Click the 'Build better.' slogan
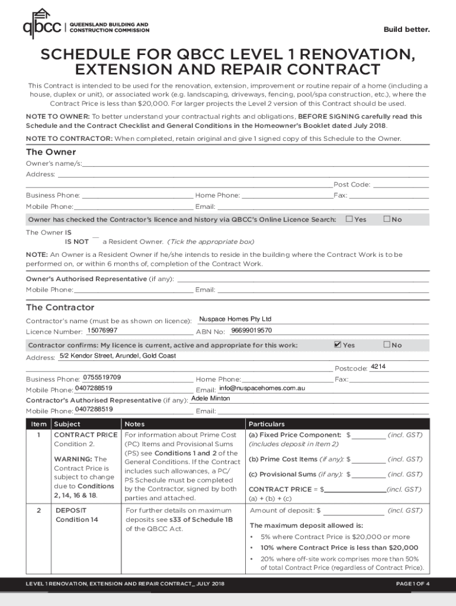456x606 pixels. pos(406,30)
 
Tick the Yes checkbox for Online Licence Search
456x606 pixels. pos(349,219)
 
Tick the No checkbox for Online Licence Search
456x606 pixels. pos(387,219)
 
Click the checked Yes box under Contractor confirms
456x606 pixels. pos(338,344)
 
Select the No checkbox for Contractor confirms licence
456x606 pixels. pos(387,344)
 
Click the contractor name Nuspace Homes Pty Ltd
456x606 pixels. pos(235,319)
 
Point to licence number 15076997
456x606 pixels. pos(102,330)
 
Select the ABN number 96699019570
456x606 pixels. pos(251,330)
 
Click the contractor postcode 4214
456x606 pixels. pos(378,367)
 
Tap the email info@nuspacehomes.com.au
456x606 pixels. pos(262,388)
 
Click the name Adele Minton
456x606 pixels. pos(210,398)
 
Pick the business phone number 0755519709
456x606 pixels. pos(102,377)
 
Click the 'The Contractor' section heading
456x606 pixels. pos(60,308)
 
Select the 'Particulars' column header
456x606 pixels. pos(266,424)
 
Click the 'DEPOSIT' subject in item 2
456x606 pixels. pos(70,510)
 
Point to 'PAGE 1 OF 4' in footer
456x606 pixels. pos(412,584)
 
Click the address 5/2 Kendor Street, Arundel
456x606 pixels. pos(118,356)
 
